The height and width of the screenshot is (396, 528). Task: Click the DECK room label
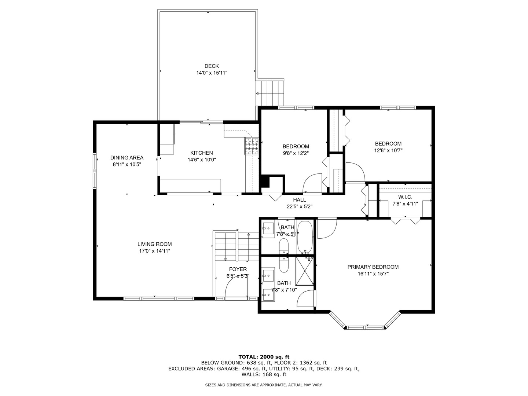[212, 66]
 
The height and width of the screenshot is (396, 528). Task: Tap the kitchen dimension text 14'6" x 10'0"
[202, 159]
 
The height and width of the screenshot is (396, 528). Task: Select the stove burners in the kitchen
[252, 146]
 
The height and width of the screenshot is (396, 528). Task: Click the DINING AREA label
[127, 158]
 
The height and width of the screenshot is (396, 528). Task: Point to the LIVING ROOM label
[154, 244]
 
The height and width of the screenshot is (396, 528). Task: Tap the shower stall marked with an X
[305, 271]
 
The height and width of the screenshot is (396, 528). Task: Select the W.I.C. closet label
[405, 197]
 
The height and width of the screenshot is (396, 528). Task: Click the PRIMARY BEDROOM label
[373, 267]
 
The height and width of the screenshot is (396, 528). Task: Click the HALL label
[300, 200]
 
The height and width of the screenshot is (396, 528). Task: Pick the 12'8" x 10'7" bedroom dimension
[388, 150]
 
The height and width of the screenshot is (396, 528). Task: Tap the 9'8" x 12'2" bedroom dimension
[296, 153]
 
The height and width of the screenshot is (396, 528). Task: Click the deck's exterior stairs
[269, 93]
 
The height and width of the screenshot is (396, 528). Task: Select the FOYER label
[238, 269]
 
